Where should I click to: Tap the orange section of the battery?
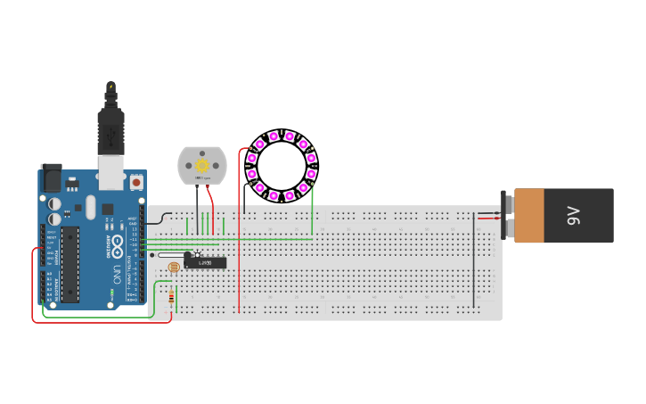[x=528, y=215]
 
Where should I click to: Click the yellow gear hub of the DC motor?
[x=202, y=166]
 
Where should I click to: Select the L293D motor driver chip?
[x=206, y=262]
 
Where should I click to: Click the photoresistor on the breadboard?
[x=174, y=267]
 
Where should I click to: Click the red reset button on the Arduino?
[x=135, y=182]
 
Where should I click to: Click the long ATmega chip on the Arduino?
[x=69, y=264]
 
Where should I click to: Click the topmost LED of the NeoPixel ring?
[x=274, y=136]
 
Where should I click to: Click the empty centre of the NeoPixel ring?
[x=282, y=166]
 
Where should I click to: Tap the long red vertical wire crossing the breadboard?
[x=239, y=259]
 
